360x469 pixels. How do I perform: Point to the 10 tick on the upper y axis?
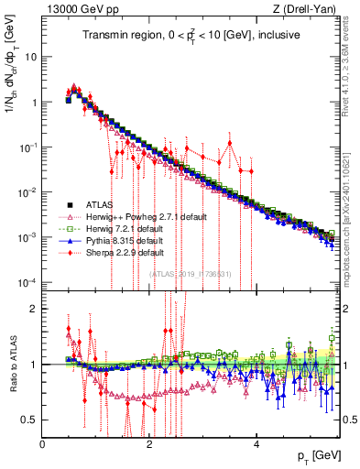31,57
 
